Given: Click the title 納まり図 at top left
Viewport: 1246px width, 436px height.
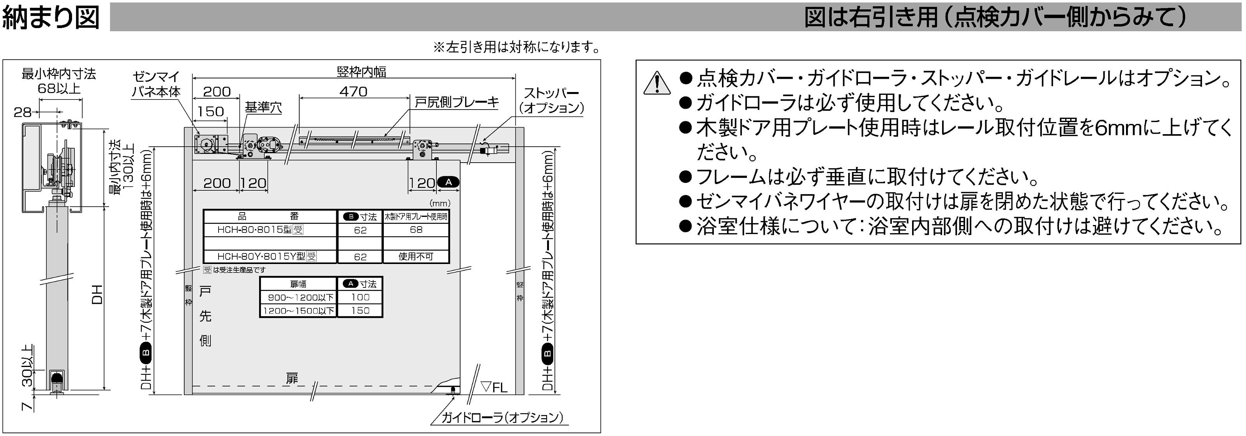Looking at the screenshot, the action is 51,18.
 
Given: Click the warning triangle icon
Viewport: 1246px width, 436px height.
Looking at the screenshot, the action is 657,82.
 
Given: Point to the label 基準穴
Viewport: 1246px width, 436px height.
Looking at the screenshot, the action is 263,107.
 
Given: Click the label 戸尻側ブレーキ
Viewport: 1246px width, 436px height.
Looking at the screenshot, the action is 457,102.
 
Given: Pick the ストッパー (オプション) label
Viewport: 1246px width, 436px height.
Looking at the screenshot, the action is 551,100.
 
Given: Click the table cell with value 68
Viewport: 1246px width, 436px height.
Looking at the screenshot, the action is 416,229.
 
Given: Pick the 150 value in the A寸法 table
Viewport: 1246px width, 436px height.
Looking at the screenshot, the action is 360,310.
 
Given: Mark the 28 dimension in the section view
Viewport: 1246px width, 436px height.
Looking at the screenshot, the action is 22,112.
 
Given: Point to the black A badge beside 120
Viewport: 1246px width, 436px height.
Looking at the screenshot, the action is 448,183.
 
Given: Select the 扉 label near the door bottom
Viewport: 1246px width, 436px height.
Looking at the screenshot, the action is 292,378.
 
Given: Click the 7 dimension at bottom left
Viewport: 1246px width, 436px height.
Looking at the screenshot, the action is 28,404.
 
